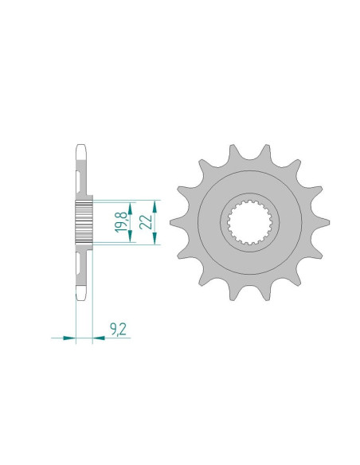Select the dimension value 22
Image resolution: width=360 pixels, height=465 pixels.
tap(145, 222)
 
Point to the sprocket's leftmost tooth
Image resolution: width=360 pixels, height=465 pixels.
tap(178, 222)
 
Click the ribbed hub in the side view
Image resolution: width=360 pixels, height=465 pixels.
tap(84, 222)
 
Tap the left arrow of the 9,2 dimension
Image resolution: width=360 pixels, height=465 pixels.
tap(70, 338)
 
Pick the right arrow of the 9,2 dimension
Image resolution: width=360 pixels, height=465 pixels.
tap(98, 338)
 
